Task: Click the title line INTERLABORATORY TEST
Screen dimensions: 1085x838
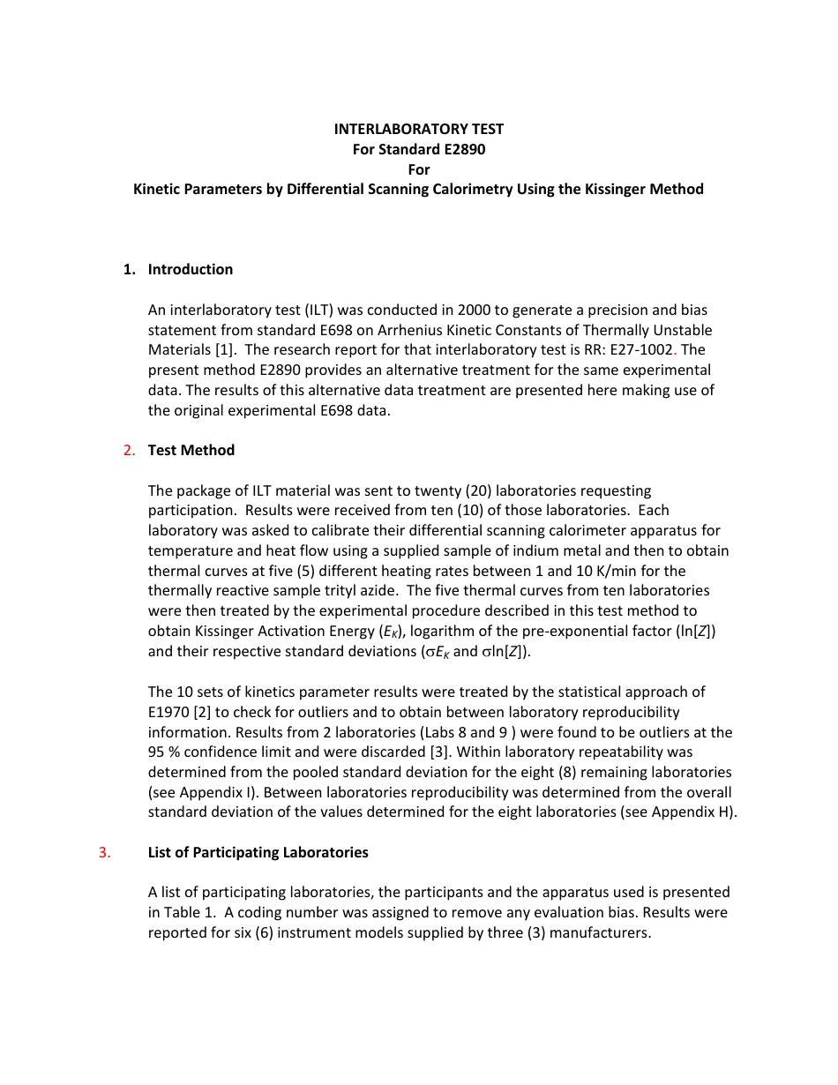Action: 418,129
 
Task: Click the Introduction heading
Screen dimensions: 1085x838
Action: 191,269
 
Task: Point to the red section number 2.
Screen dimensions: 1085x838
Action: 129,450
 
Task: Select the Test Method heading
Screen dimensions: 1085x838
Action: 191,450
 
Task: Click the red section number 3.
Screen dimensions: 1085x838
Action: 104,852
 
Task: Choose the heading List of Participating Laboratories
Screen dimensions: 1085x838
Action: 258,852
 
